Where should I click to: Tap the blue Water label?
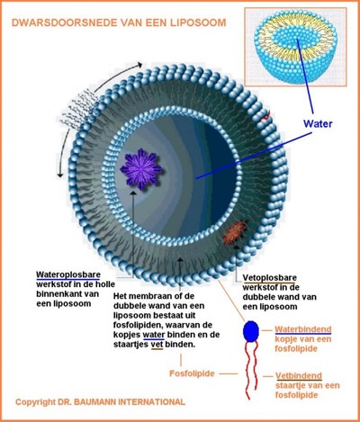click(318, 123)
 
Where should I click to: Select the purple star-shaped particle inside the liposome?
click(141, 169)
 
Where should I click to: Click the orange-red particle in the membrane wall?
click(235, 232)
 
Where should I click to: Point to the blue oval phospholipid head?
click(251, 331)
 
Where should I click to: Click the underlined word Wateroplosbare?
click(68, 275)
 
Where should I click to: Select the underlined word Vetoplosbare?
click(269, 278)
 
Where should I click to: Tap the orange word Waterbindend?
click(303, 329)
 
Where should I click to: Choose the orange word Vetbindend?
click(299, 375)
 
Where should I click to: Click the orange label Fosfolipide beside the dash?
click(192, 373)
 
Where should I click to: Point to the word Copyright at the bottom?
click(36, 402)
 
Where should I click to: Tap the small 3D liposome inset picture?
click(295, 47)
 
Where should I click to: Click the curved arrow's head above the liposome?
click(139, 65)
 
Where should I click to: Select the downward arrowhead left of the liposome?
click(60, 174)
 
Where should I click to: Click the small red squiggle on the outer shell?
click(265, 116)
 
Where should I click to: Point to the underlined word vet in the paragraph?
click(157, 345)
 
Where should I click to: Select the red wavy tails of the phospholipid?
click(251, 371)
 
